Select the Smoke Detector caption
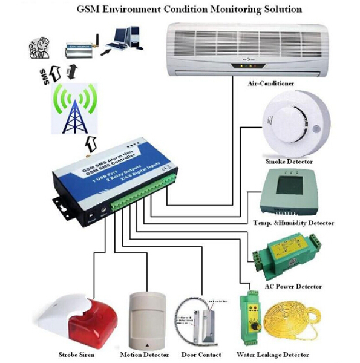(289, 162)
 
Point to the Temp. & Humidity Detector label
(293, 223)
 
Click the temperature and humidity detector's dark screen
(290, 186)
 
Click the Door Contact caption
(201, 355)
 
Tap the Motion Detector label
(145, 355)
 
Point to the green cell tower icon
(75, 109)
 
